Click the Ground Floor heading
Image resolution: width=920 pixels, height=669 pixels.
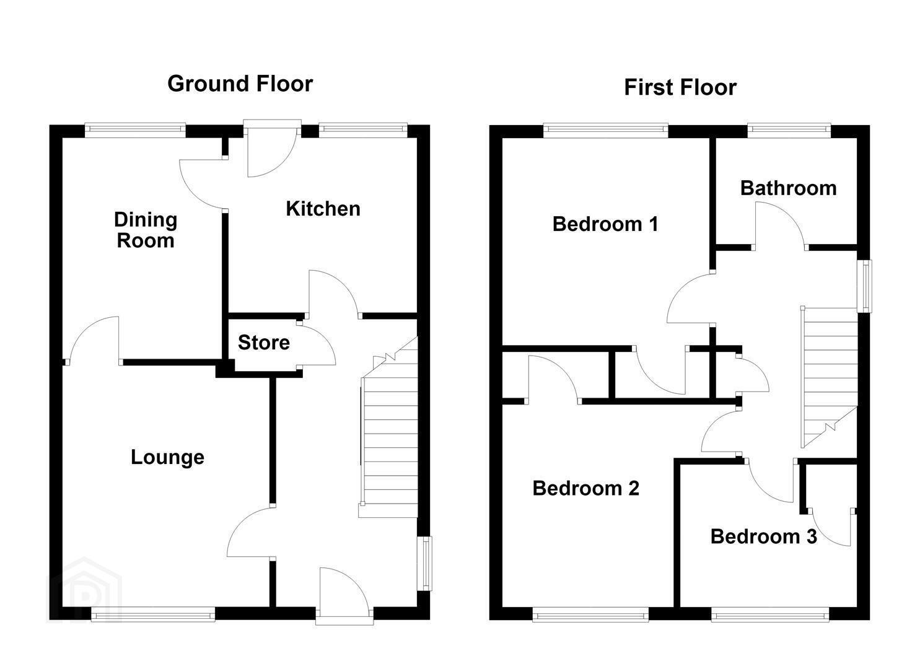[240, 84]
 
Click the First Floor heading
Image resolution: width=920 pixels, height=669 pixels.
[680, 87]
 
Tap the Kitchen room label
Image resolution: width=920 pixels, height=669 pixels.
[323, 209]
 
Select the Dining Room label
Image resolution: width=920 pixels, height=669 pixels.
[146, 230]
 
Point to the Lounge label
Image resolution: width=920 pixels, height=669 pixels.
[167, 458]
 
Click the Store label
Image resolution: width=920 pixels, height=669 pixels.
[264, 343]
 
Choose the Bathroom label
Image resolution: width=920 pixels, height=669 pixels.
[788, 188]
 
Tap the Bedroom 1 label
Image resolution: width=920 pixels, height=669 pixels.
[605, 224]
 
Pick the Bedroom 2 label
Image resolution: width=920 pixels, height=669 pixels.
[585, 488]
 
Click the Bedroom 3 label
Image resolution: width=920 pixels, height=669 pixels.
[763, 536]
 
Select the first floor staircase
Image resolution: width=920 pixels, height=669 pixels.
[829, 377]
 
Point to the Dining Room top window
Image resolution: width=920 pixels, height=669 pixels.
[135, 130]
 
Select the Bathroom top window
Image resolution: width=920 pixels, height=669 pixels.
[789, 130]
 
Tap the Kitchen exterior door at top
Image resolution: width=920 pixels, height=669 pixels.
[273, 148]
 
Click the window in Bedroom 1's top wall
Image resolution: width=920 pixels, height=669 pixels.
[606, 130]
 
